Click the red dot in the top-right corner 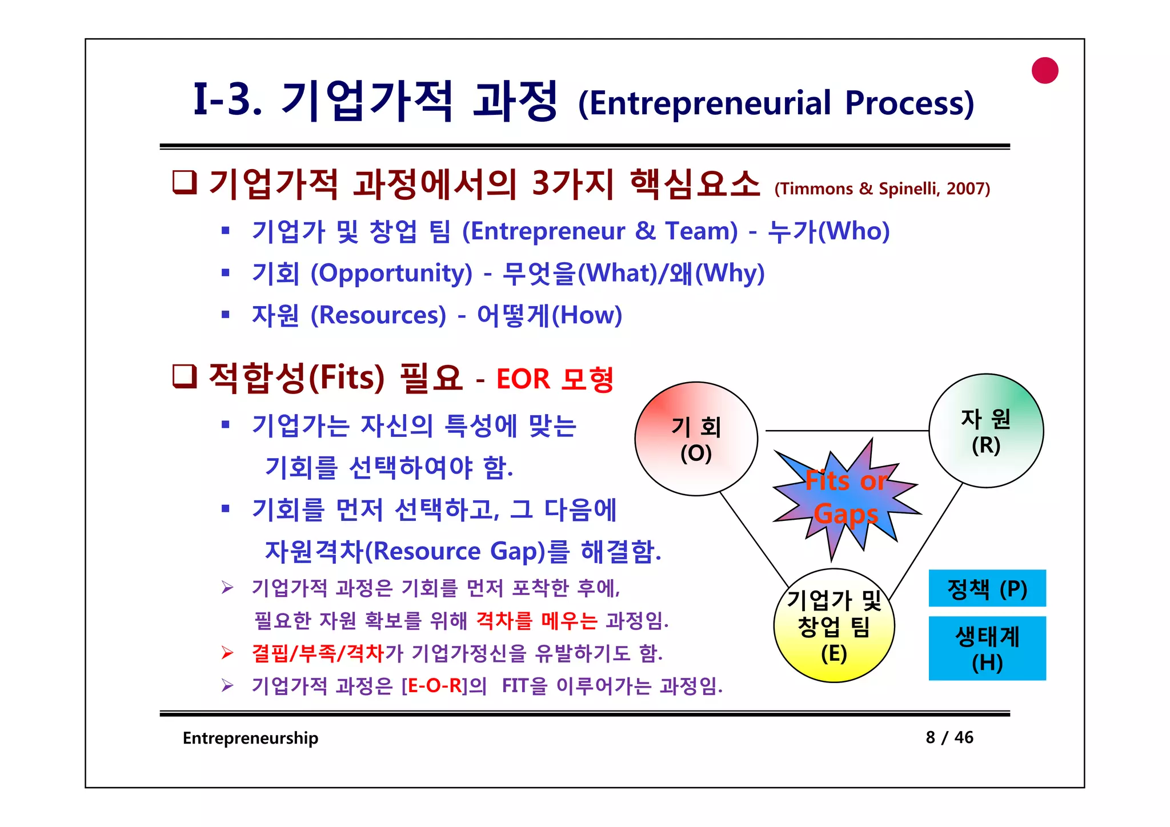click(1045, 71)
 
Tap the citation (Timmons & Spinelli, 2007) click(882, 188)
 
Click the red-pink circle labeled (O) click(696, 439)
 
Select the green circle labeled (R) click(986, 431)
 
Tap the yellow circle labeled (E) click(834, 625)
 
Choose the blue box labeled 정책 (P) click(987, 588)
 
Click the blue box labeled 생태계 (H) click(987, 648)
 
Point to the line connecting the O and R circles click(846, 431)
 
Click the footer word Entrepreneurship click(250, 738)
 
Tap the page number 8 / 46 click(949, 737)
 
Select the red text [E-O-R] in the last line click(435, 685)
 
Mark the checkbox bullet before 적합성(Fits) click(185, 377)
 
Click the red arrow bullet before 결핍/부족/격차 click(227, 653)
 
